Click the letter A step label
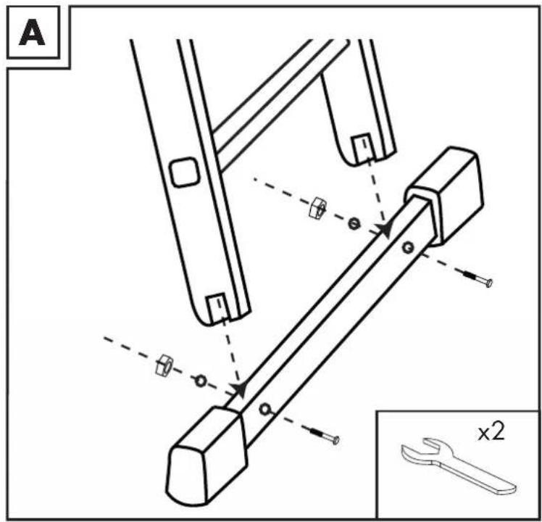(x=32, y=34)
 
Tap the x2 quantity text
(x=491, y=432)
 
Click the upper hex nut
(x=317, y=207)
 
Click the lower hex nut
(x=164, y=365)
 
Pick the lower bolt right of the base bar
(x=325, y=435)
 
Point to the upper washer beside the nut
(x=354, y=224)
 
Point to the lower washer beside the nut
(x=201, y=381)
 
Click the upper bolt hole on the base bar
(x=408, y=247)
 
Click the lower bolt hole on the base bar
(x=264, y=410)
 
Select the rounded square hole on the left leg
(x=185, y=172)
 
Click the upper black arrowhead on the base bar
(x=384, y=230)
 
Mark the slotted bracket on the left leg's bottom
(x=218, y=307)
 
